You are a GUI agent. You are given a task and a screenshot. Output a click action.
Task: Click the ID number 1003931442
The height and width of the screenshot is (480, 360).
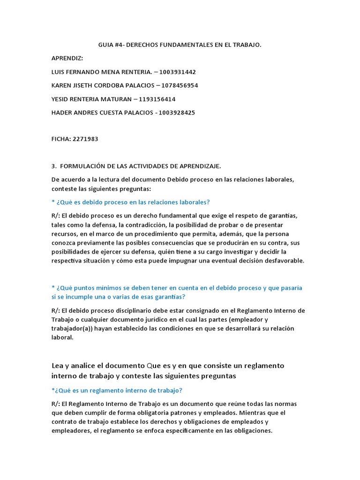178,72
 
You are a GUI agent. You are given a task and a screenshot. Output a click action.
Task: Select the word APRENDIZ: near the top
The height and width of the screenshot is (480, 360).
67,59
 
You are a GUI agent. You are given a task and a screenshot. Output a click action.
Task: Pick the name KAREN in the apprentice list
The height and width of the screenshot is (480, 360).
61,86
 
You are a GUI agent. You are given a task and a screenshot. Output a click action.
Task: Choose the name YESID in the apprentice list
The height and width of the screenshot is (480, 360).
60,99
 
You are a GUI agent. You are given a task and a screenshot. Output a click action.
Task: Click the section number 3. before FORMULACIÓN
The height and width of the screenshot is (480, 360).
54,166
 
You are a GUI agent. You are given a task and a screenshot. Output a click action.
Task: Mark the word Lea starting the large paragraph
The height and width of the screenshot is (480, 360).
58,366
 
